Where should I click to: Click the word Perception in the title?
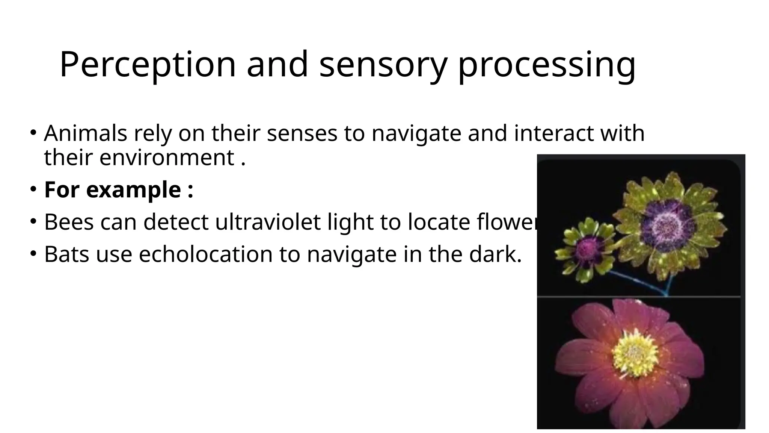click(147, 65)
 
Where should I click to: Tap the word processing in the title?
click(547, 65)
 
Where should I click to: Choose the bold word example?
click(133, 190)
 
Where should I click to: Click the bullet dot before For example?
click(33, 188)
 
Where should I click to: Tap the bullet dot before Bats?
click(33, 253)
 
